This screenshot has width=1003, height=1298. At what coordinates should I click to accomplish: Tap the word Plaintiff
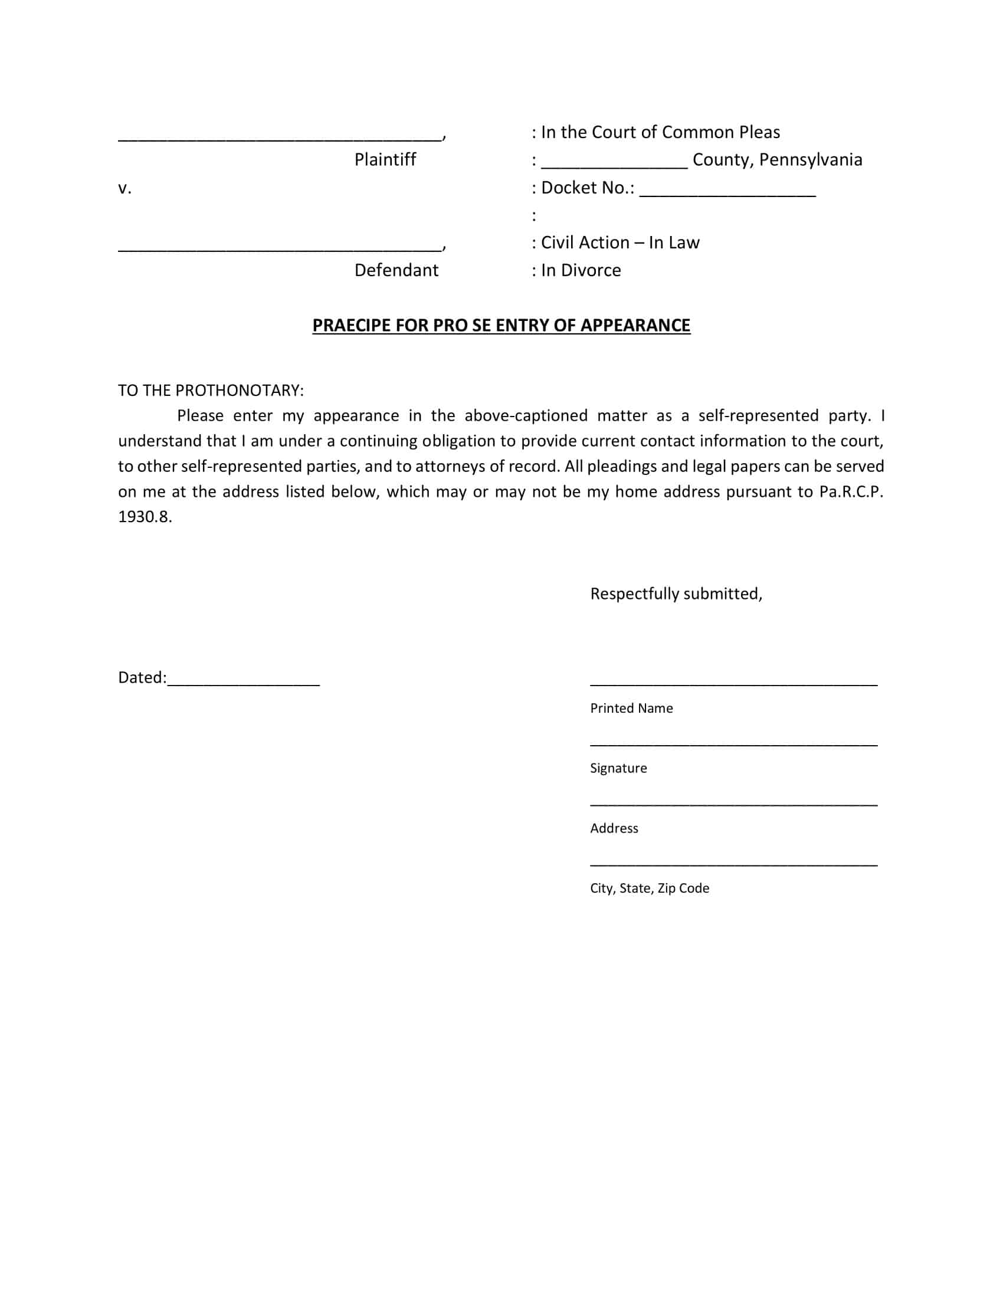pyautogui.click(x=385, y=160)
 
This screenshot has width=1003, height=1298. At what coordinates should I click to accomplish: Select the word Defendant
pyautogui.click(x=396, y=270)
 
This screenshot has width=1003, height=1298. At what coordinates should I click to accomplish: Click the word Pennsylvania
pyautogui.click(x=811, y=160)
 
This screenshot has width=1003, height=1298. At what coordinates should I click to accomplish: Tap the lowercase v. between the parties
pyautogui.click(x=124, y=188)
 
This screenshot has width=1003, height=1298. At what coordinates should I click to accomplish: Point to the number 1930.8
pyautogui.click(x=145, y=517)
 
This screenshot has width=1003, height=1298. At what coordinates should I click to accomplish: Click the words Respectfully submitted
pyautogui.click(x=676, y=594)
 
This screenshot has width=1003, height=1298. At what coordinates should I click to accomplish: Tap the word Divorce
pyautogui.click(x=591, y=270)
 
